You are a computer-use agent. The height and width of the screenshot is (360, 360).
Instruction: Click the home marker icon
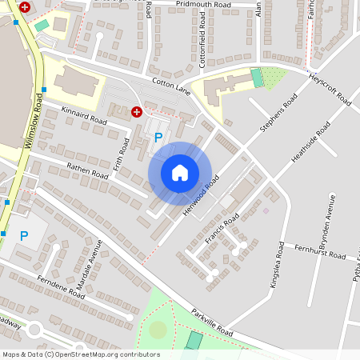(180, 173)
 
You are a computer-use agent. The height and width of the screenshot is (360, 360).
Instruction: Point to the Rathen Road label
(87, 170)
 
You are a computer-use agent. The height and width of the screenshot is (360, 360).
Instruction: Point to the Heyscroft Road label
(330, 87)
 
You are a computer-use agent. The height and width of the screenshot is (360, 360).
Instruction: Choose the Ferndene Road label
(60, 289)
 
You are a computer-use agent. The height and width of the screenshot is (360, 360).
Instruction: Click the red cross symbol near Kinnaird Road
(137, 113)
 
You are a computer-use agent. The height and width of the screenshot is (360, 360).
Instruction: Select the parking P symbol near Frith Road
(158, 138)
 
